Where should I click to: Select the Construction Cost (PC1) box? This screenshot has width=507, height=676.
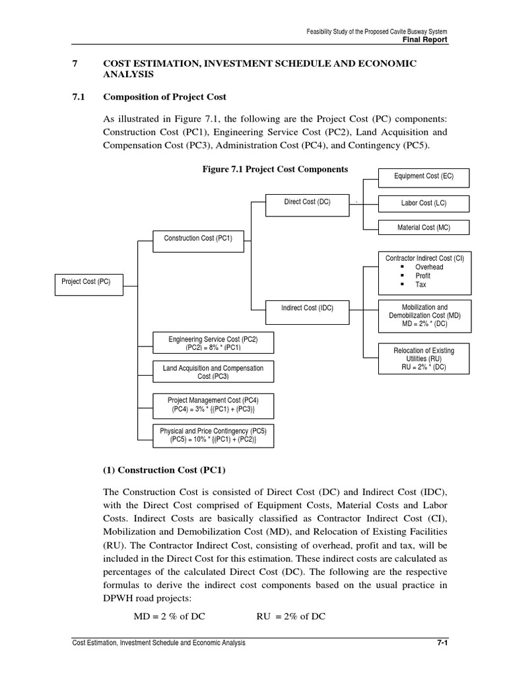[193, 238]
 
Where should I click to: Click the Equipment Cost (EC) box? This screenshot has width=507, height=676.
[423, 177]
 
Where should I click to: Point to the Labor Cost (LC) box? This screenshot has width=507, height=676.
[423, 203]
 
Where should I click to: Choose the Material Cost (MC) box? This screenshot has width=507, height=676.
[423, 228]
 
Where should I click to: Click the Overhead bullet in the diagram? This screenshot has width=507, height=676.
[428, 267]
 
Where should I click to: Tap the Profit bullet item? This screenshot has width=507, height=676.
[422, 276]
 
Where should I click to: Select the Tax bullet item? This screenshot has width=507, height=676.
[421, 285]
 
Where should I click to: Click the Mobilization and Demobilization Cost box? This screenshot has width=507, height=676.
[424, 316]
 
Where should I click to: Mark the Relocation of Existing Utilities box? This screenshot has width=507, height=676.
[424, 358]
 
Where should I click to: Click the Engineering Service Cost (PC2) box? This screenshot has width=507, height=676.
[213, 343]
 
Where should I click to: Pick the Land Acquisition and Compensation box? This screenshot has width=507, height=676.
[213, 372]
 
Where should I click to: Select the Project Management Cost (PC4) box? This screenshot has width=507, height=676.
[213, 405]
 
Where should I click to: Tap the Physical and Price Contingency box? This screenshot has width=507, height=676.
[213, 433]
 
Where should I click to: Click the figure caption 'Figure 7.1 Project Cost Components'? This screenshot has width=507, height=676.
[275, 170]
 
